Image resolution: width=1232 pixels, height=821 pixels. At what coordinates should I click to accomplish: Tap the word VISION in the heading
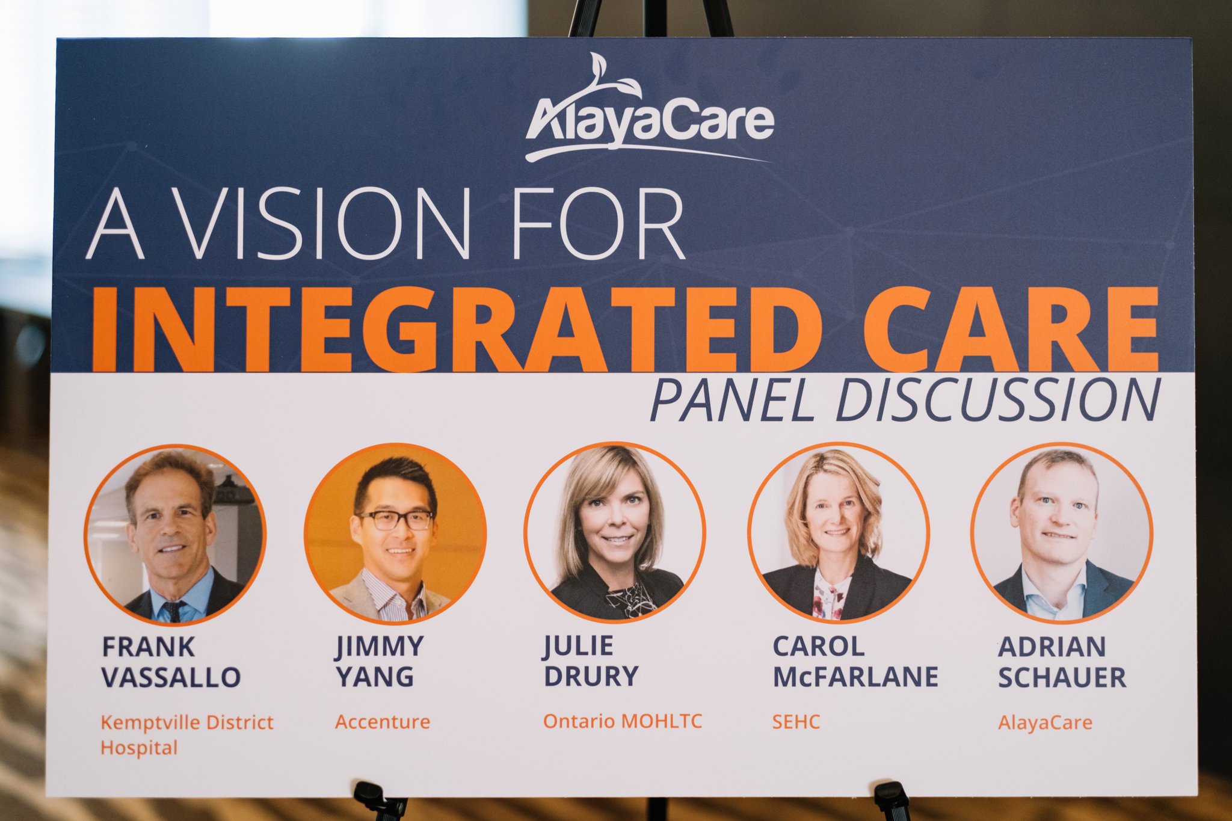pyautogui.click(x=325, y=224)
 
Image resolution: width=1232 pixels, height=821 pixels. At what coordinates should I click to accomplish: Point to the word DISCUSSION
pyautogui.click(x=998, y=401)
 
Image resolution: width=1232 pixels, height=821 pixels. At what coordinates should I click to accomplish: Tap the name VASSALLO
pyautogui.click(x=171, y=677)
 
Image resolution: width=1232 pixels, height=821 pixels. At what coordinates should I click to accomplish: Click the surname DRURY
pyautogui.click(x=591, y=676)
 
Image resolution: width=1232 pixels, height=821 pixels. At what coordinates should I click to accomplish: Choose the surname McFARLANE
pyautogui.click(x=855, y=677)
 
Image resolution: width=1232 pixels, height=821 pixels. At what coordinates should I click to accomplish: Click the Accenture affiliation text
pyautogui.click(x=383, y=722)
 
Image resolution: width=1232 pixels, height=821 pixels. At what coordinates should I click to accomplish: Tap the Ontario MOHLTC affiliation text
pyautogui.click(x=623, y=721)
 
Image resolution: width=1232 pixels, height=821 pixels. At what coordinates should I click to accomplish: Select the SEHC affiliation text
pyautogui.click(x=796, y=722)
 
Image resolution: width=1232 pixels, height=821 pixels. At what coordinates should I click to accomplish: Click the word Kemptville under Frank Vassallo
pyautogui.click(x=143, y=722)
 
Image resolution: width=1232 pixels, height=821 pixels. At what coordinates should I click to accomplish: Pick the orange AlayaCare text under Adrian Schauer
pyautogui.click(x=1045, y=722)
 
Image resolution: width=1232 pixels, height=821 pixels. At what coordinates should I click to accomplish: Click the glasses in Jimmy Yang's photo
pyautogui.click(x=395, y=520)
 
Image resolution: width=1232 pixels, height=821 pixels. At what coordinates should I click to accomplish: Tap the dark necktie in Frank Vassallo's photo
pyautogui.click(x=174, y=611)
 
